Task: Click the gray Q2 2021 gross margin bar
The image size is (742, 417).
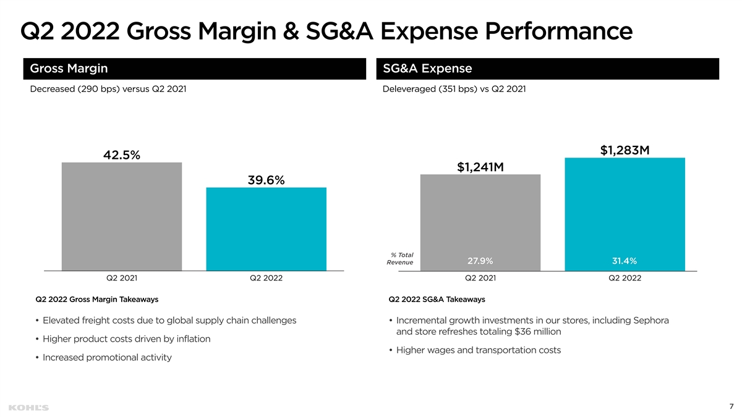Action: (122, 216)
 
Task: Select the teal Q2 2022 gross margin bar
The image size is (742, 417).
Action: (266, 229)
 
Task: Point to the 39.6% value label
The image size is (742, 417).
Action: (266, 180)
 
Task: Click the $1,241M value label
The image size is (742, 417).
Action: (480, 167)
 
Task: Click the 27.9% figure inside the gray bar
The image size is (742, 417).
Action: (480, 261)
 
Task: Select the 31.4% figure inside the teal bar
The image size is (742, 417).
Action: (625, 261)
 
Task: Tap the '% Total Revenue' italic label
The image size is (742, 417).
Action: (401, 259)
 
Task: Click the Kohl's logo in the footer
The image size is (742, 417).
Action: (29, 408)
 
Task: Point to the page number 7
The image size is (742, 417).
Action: (731, 406)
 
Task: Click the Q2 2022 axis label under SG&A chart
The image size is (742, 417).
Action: (625, 278)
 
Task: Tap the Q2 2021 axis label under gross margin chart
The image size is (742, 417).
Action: (122, 278)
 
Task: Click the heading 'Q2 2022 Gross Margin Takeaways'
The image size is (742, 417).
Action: (97, 300)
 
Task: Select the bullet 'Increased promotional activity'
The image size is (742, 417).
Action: (107, 358)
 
